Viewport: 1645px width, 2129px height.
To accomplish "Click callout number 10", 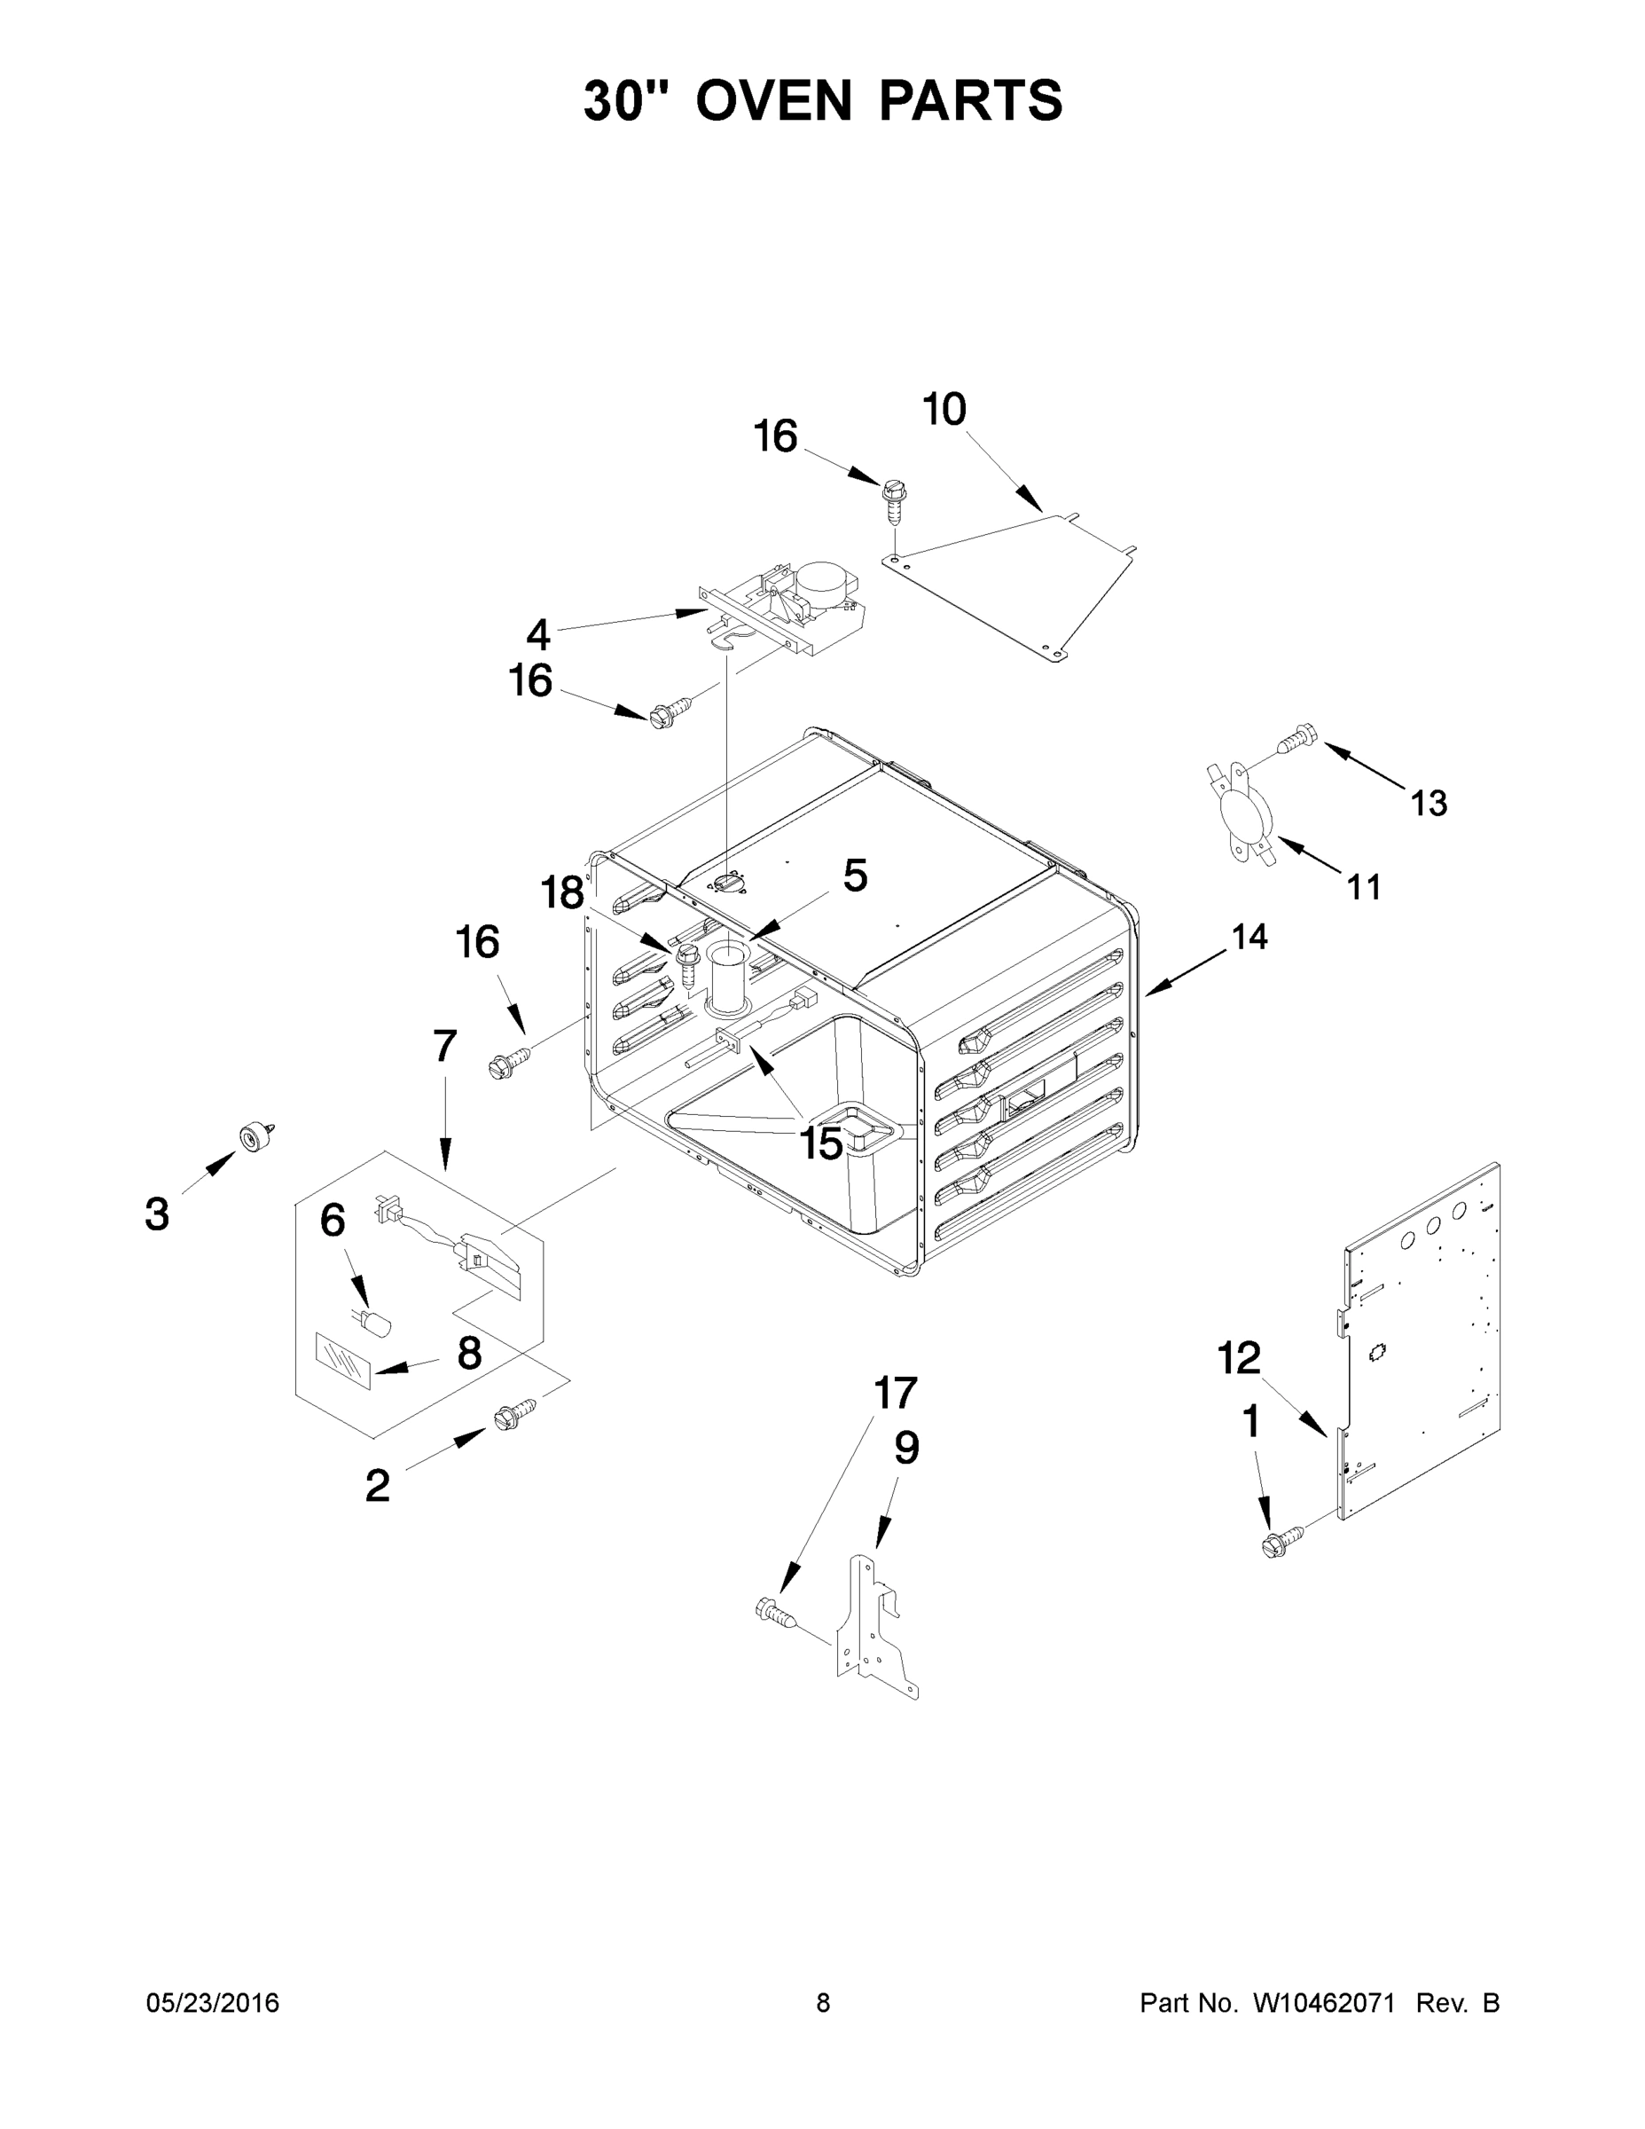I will [944, 410].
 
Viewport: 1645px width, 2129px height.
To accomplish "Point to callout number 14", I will [1249, 937].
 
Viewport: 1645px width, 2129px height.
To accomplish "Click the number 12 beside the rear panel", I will [1239, 1358].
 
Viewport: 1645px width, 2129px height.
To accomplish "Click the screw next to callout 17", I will [777, 1610].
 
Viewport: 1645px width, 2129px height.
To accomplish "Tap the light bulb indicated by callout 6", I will [377, 1324].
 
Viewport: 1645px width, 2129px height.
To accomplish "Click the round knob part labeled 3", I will [256, 1135].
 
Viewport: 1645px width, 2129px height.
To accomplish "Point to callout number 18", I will [562, 892].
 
